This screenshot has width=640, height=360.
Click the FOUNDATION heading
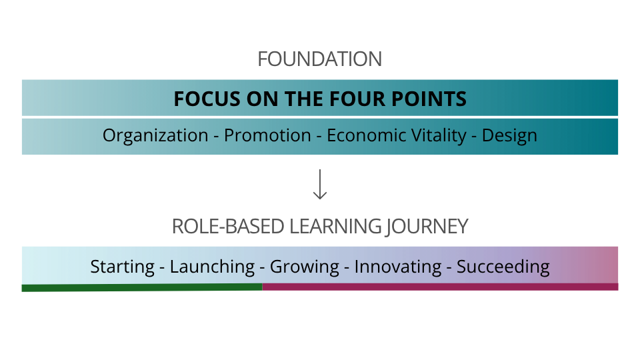tap(319, 59)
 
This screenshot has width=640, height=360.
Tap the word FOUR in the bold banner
tap(357, 99)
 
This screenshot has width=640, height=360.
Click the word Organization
tap(155, 135)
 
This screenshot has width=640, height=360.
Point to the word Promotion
tap(267, 135)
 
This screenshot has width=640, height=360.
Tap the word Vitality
tap(439, 136)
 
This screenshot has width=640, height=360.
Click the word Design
tap(509, 136)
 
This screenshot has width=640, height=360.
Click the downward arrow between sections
tap(320, 185)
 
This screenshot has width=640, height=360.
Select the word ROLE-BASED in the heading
tap(228, 227)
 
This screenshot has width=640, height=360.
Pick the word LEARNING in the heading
tap(335, 227)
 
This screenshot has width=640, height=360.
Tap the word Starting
tap(122, 267)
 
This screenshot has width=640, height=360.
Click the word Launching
tap(212, 267)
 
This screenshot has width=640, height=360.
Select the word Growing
tap(304, 267)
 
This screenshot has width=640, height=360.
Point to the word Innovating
tap(397, 267)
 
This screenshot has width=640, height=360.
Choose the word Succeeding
tap(503, 267)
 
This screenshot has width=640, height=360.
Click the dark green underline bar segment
tap(142, 288)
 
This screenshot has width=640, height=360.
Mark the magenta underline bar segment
tap(440, 287)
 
